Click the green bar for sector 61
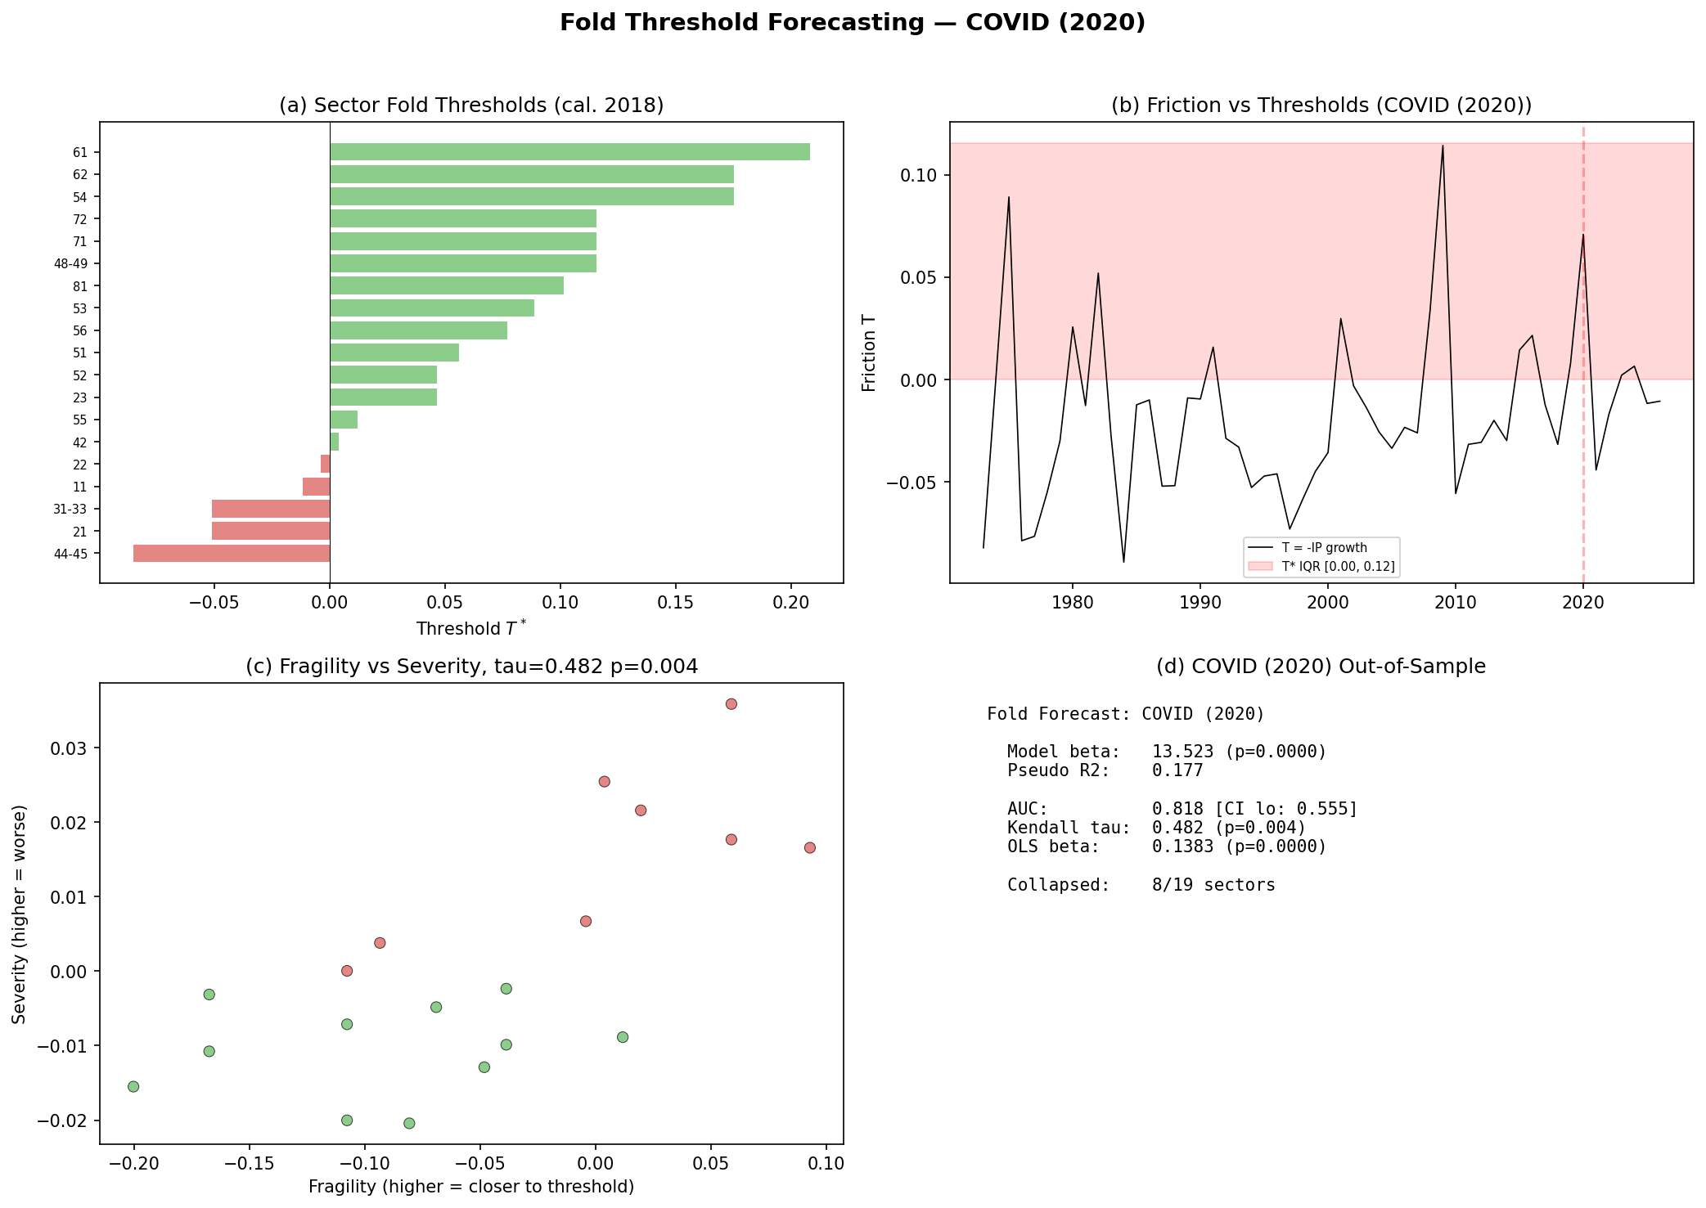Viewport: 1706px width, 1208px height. [569, 152]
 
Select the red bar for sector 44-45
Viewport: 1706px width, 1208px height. [232, 554]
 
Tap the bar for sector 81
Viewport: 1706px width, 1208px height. [447, 286]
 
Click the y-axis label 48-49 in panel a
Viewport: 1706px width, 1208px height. [76, 264]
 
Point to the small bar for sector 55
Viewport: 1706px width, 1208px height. [344, 420]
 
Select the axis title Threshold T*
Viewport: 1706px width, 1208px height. [471, 629]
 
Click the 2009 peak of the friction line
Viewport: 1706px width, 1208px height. [1443, 146]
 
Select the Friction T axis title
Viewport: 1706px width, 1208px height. [869, 353]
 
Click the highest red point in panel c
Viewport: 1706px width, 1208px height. [731, 704]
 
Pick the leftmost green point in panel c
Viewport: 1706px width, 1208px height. [133, 1087]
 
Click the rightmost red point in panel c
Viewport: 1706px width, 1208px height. [810, 848]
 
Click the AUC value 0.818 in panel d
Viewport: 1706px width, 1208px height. [1177, 810]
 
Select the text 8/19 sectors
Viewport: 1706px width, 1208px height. [1213, 885]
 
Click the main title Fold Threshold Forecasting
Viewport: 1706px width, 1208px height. [853, 23]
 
